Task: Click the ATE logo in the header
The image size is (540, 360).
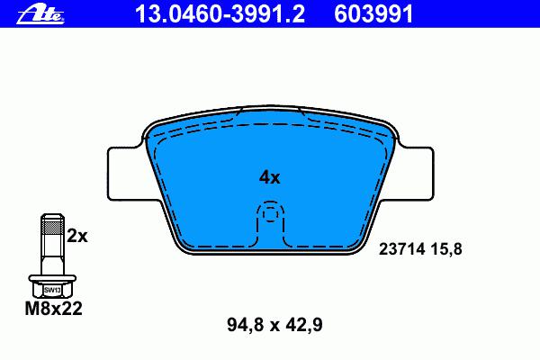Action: pyautogui.click(x=40, y=14)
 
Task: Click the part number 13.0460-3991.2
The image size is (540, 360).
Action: pyautogui.click(x=220, y=14)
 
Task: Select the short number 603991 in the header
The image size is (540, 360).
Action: pyautogui.click(x=373, y=14)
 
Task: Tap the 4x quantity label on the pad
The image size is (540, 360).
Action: pyautogui.click(x=270, y=177)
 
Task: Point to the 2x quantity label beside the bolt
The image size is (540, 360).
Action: pyautogui.click(x=77, y=236)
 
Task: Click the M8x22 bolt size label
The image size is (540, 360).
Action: pyautogui.click(x=54, y=309)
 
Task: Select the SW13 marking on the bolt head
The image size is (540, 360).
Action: pyautogui.click(x=52, y=290)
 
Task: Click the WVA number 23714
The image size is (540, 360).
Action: pyautogui.click(x=402, y=248)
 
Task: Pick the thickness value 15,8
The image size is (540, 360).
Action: pyautogui.click(x=445, y=248)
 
